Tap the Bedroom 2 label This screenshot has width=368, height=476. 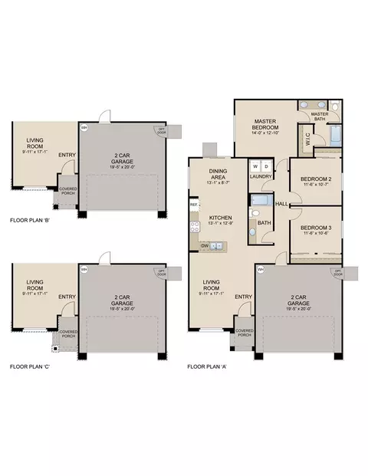314,181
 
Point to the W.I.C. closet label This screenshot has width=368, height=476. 304,139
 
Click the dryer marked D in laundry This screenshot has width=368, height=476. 265,166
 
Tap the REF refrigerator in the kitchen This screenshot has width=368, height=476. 194,205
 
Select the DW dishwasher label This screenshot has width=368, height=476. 205,245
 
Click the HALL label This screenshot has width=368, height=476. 281,204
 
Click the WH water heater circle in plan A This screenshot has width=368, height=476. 261,270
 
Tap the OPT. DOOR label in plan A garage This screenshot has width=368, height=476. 334,272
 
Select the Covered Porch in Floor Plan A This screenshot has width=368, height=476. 245,333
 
